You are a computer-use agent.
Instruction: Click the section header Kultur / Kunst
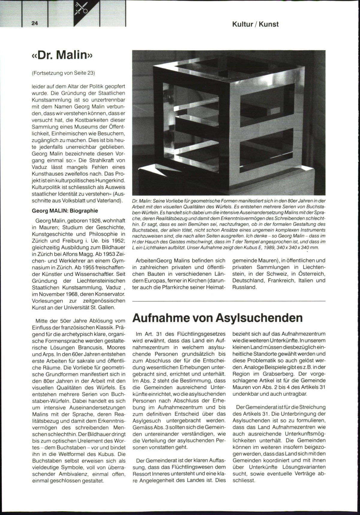[255, 24]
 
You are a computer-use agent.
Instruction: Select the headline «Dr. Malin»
[62, 55]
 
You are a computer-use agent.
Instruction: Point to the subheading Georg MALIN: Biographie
[65, 211]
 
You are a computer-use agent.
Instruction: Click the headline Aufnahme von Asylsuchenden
[217, 318]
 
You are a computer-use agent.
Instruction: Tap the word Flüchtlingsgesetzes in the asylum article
[201, 334]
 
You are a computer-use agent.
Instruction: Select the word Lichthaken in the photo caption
[152, 248]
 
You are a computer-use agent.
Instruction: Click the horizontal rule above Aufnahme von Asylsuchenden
[229, 301]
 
